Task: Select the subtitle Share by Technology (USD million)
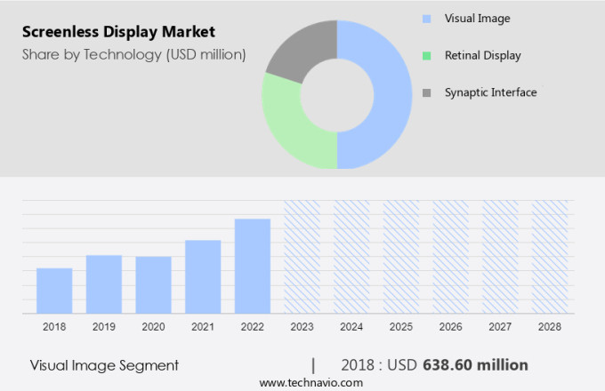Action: [133, 55]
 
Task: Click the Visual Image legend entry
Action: [478, 18]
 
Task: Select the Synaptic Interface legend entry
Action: [491, 92]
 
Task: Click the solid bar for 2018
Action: [54, 291]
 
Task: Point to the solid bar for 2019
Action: [104, 284]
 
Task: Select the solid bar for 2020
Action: [153, 285]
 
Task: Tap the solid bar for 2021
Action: [203, 276]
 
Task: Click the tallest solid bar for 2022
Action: [253, 266]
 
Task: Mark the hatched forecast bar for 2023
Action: [302, 257]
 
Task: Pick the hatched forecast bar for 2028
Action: [549, 257]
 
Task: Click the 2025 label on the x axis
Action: [400, 327]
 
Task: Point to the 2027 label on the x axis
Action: [500, 327]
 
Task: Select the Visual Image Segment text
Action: [104, 364]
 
